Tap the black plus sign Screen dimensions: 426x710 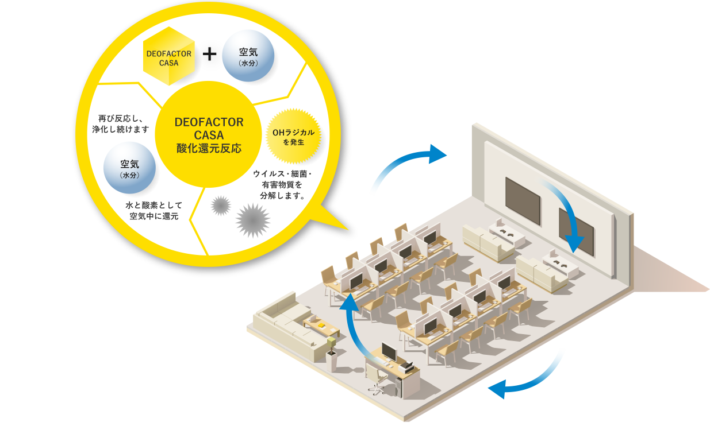[210, 55]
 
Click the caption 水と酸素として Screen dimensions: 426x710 [152, 206]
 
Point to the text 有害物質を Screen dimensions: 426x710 [282, 184]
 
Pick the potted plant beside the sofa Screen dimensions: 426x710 [331, 350]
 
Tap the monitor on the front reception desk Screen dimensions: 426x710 [387, 352]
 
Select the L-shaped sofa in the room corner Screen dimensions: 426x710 [285, 327]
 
